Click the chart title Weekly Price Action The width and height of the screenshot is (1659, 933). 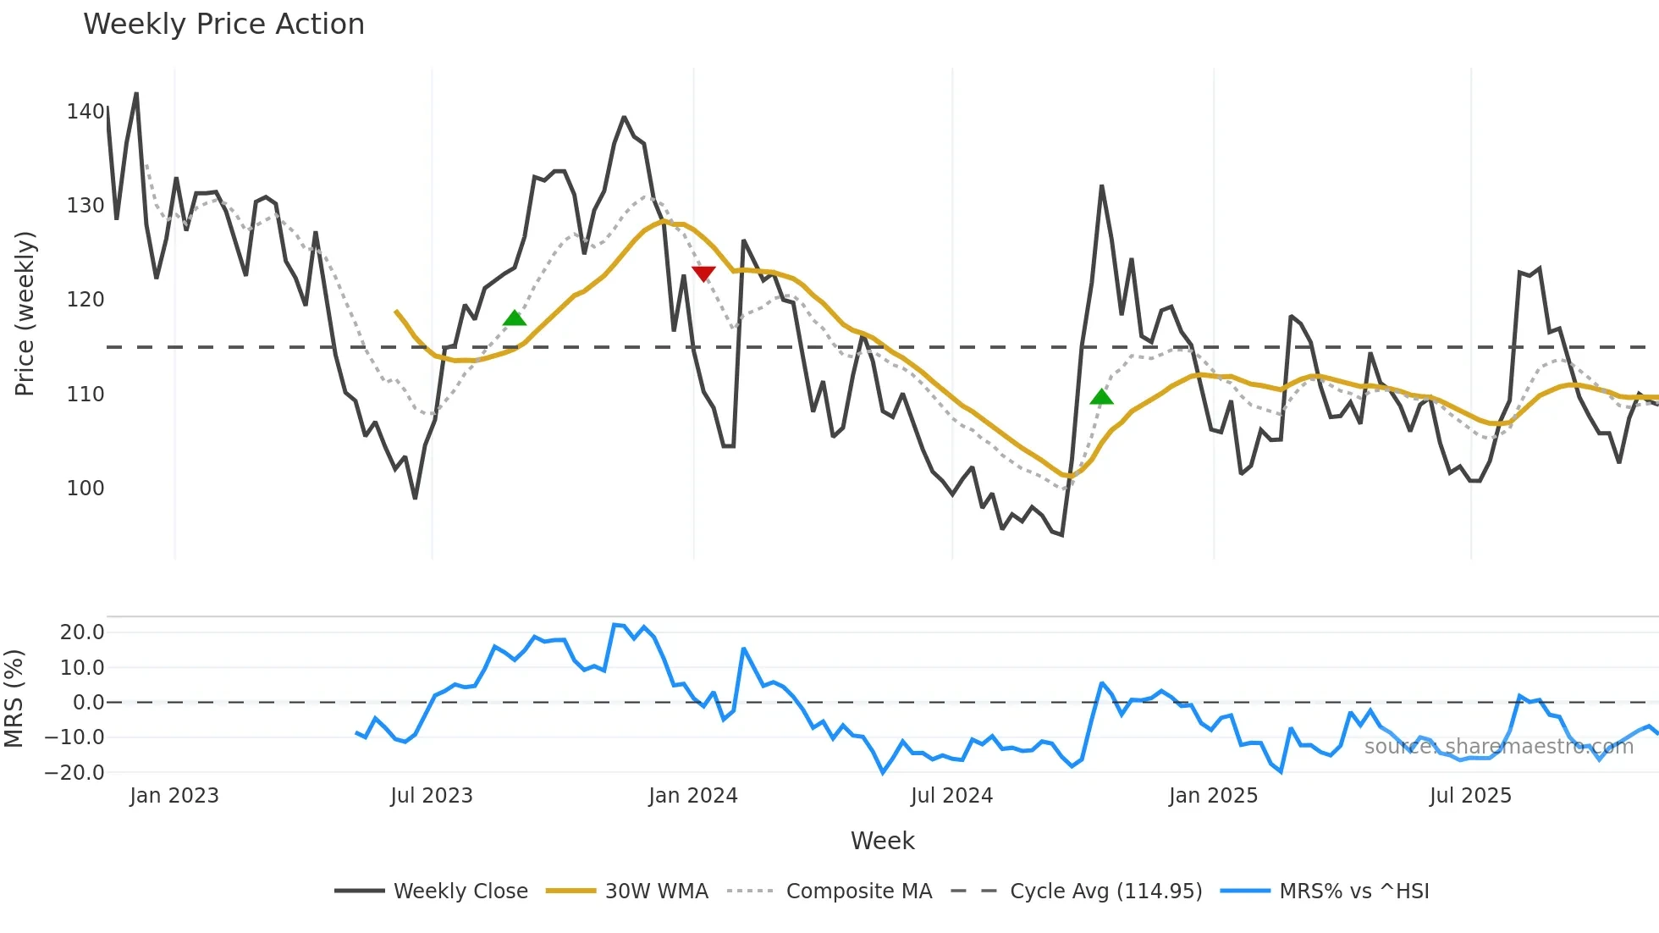tap(223, 24)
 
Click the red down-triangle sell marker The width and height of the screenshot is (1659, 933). tap(703, 273)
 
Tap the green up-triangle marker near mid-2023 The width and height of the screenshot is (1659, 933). tap(515, 318)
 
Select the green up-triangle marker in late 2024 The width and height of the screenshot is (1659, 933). tap(1101, 396)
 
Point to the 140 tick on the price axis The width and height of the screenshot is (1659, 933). tap(85, 111)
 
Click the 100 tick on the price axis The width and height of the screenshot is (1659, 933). tap(85, 488)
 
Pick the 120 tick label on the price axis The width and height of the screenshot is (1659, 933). tap(85, 300)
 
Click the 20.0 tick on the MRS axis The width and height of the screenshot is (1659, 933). tap(82, 632)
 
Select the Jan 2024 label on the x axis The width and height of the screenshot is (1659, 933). tap(693, 796)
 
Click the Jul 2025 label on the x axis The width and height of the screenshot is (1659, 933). tap(1470, 796)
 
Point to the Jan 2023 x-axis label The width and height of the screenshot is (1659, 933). tap(174, 796)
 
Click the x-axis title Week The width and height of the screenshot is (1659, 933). tap(882, 841)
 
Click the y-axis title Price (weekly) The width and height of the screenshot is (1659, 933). tap(25, 313)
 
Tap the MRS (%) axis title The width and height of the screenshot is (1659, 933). tap(14, 698)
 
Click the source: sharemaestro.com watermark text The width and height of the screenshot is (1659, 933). tap(1498, 747)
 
